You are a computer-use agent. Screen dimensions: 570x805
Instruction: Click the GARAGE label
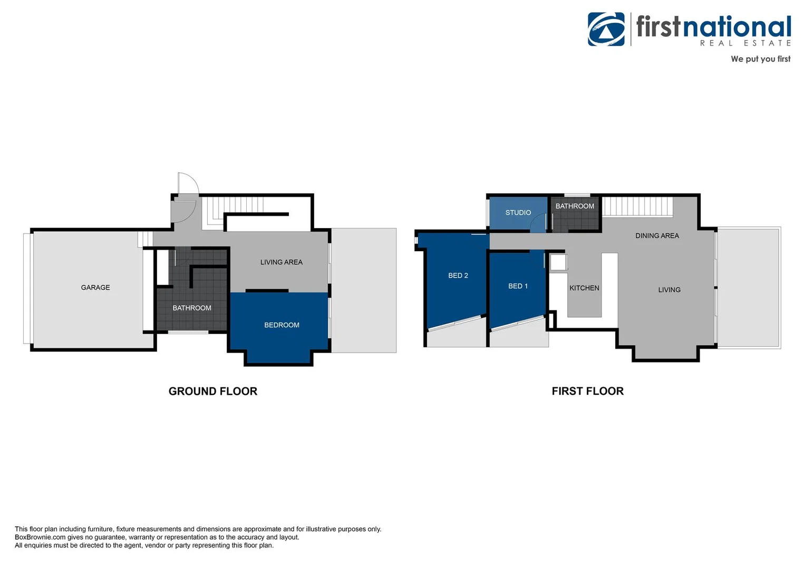click(x=95, y=288)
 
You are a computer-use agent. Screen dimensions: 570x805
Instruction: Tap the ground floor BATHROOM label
click(x=192, y=308)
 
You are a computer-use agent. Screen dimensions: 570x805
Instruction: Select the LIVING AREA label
click(x=282, y=262)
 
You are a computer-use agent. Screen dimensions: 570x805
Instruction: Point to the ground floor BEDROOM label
click(x=282, y=325)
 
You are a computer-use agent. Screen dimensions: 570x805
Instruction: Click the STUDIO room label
click(x=518, y=213)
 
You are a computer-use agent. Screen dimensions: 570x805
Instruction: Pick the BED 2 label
click(x=458, y=275)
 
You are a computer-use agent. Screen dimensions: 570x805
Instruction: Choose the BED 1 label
click(x=518, y=286)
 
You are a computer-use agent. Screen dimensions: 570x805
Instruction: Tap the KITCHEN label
click(x=584, y=288)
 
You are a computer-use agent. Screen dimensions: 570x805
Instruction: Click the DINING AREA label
click(x=657, y=236)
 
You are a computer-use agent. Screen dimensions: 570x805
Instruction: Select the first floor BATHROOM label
click(x=575, y=206)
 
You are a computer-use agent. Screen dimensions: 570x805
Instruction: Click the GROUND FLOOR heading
click(x=213, y=392)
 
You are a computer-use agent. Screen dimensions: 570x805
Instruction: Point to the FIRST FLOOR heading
click(x=587, y=391)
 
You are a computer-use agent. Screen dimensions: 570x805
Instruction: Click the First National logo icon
click(x=606, y=30)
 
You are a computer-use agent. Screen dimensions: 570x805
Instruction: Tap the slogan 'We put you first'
click(x=760, y=59)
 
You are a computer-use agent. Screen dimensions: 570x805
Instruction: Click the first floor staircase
click(x=638, y=206)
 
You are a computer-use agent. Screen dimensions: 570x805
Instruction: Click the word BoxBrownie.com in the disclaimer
click(x=40, y=537)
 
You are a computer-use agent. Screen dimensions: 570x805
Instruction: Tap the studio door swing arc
click(x=539, y=224)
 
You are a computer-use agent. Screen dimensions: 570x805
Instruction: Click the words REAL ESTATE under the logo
click(x=745, y=43)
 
